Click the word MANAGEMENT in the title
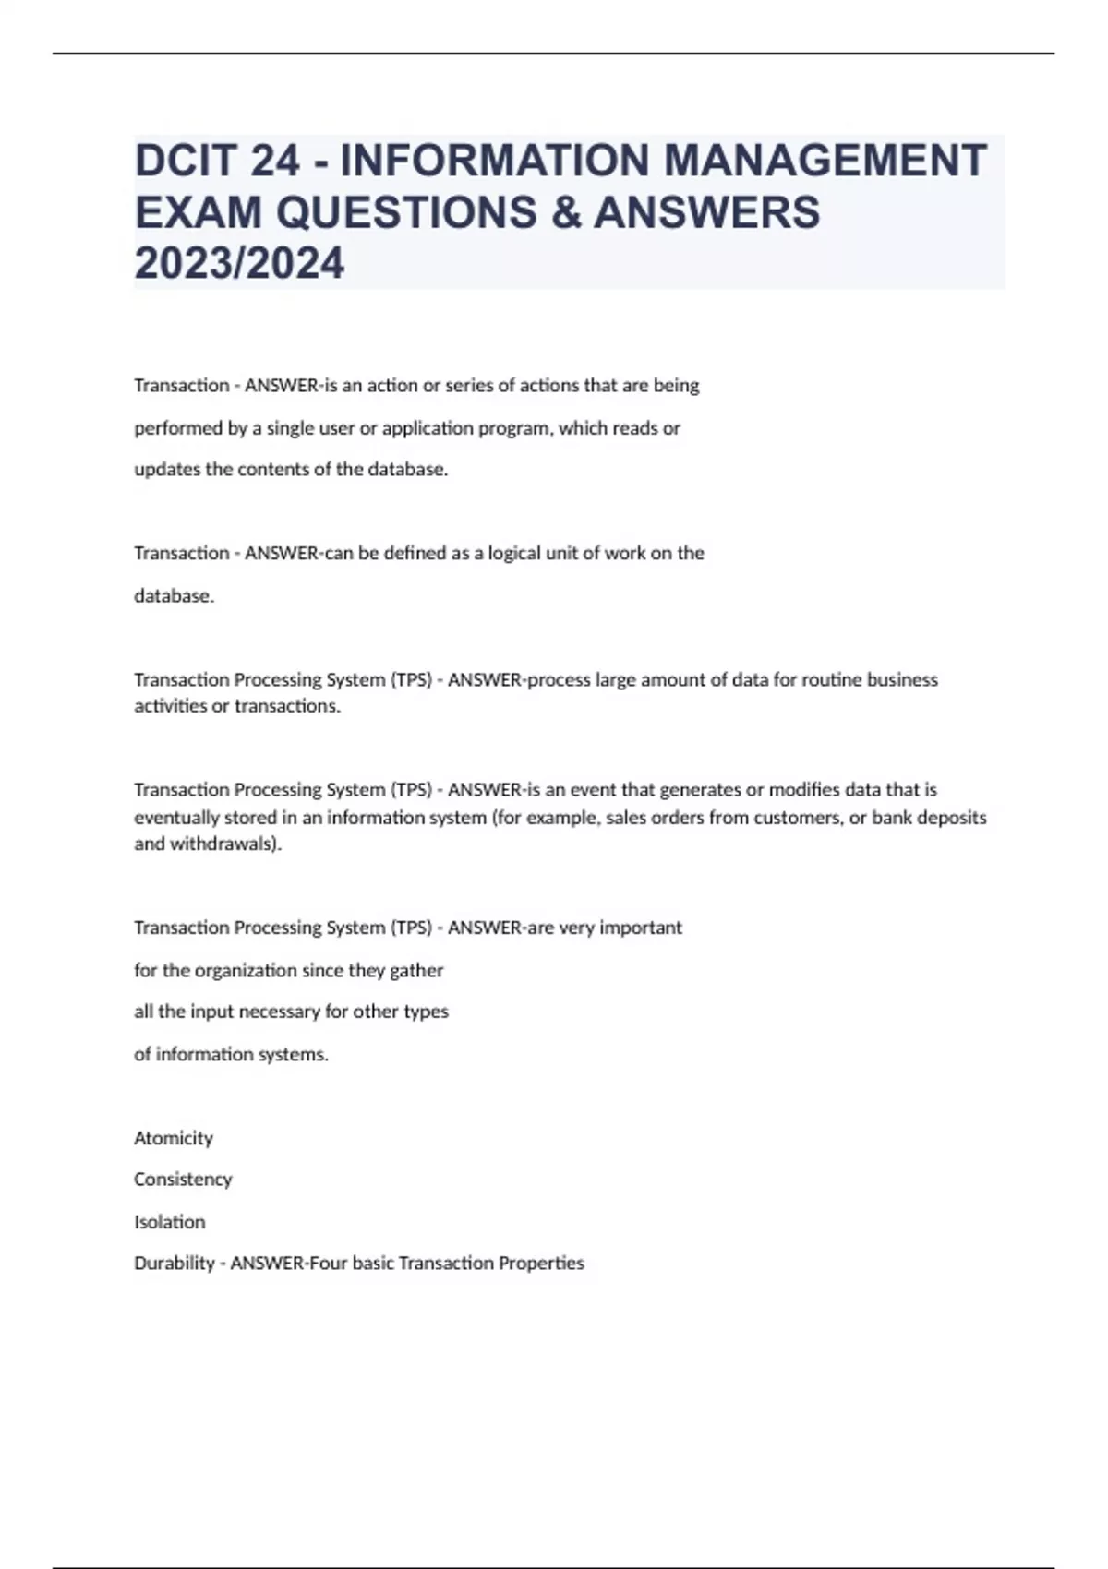[825, 160]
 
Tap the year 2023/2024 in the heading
[239, 263]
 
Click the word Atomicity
[174, 1138]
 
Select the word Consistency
[183, 1180]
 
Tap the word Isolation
[170, 1222]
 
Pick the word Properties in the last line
[541, 1264]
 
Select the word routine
[831, 680]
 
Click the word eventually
[175, 818]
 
